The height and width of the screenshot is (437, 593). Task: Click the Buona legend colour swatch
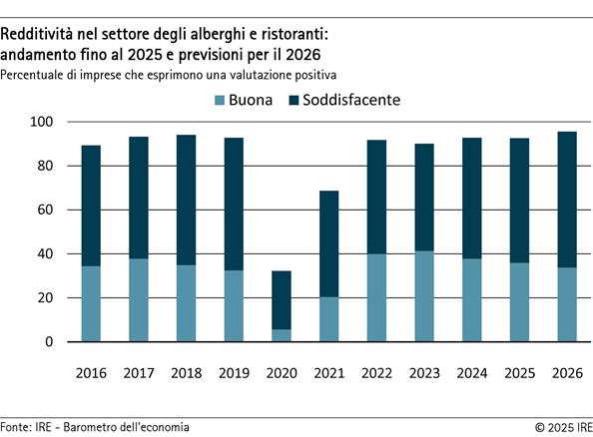click(x=221, y=101)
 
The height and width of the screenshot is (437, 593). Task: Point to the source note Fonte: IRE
click(x=95, y=427)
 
